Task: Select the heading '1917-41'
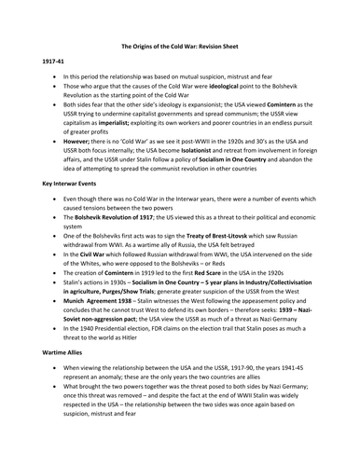[54, 85]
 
